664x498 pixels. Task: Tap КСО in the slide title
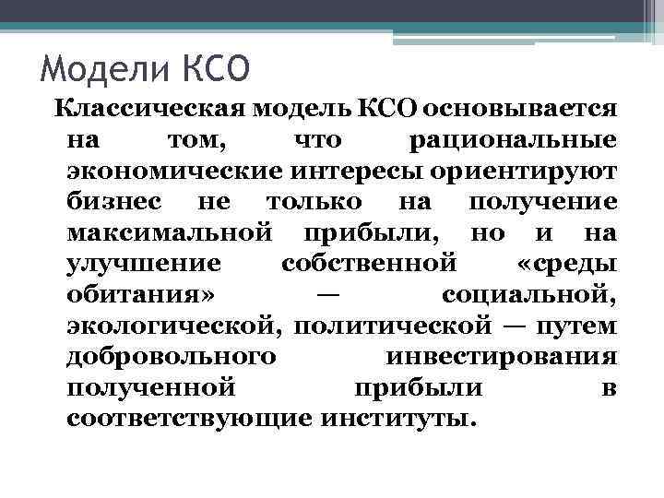pyautogui.click(x=209, y=69)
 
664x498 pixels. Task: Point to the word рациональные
pyautogui.click(x=512, y=141)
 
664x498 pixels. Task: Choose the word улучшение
pyautogui.click(x=144, y=266)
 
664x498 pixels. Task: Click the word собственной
pyautogui.click(x=368, y=266)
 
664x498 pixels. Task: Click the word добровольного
pyautogui.click(x=169, y=359)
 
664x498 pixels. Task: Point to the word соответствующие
pyautogui.click(x=188, y=421)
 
